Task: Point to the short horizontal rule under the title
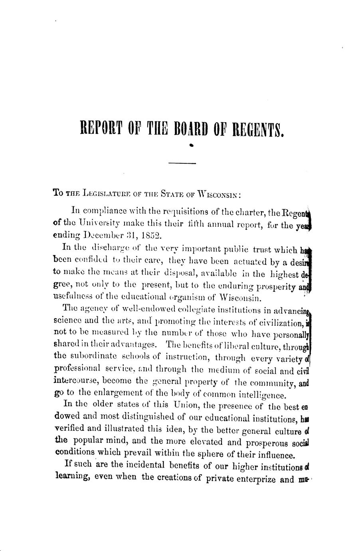click(x=183, y=163)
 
